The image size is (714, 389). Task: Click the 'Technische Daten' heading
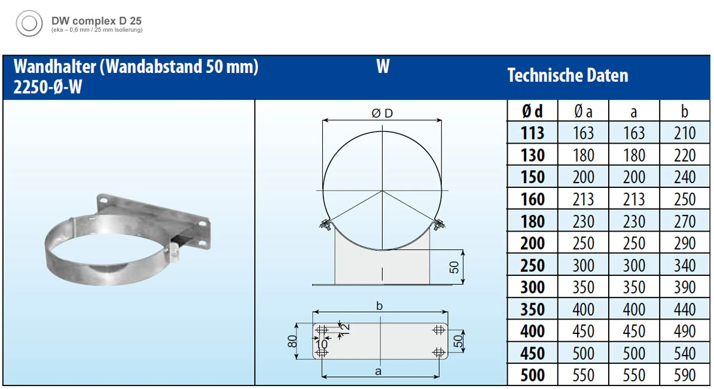coord(567,76)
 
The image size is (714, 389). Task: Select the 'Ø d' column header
coord(532,111)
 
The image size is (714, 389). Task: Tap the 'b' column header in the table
coord(685,111)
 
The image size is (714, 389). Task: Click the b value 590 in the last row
coord(685,375)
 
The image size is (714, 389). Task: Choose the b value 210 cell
coord(685,133)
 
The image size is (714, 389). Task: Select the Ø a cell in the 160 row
coord(583,199)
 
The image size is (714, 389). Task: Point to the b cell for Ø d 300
coord(685,287)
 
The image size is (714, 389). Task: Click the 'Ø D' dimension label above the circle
coord(382,114)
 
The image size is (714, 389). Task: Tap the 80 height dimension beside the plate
coord(291,341)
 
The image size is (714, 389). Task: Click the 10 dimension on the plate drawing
coord(321,344)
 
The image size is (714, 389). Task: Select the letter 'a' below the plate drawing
coord(378,372)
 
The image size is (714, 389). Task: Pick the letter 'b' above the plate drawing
coord(379,306)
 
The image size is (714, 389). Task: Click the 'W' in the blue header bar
coord(383,67)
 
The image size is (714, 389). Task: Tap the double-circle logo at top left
coord(29,24)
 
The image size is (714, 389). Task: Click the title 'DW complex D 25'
coord(96,20)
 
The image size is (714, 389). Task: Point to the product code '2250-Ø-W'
coord(47,87)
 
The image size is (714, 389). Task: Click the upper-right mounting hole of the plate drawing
coord(439,330)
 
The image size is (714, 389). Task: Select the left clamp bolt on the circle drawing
coord(325,225)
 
